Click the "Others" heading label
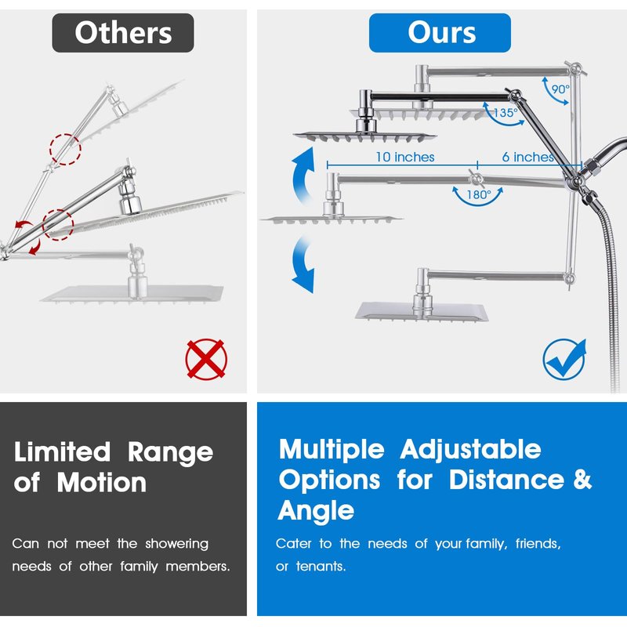coord(123,33)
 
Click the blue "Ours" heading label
coord(440,33)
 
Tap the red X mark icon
coord(206,360)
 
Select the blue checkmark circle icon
coord(565,360)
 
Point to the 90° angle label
coord(559,89)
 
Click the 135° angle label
coord(506,113)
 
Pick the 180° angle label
coord(479,194)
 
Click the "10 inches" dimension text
coord(404,157)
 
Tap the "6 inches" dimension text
coord(527,157)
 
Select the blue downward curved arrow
coord(302,265)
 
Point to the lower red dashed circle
coord(57,224)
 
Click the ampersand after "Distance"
coord(582,479)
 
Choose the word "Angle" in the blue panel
coord(316,511)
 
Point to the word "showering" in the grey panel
coord(175,543)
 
